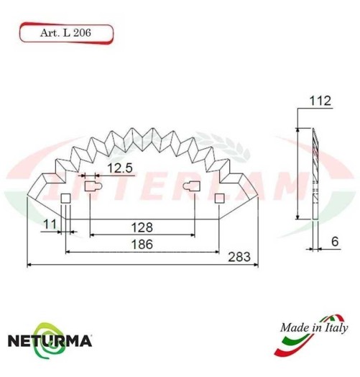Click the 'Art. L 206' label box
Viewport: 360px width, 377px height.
click(65, 32)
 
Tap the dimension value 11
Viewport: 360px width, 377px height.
click(49, 224)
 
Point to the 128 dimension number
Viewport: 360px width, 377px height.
click(141, 227)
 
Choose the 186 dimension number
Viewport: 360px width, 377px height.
click(141, 245)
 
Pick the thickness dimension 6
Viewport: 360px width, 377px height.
click(334, 242)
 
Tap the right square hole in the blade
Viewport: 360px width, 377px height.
click(219, 197)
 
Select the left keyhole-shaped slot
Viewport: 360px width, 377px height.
click(91, 188)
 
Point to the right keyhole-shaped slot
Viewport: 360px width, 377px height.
click(192, 188)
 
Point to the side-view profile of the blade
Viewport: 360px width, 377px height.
click(315, 173)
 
